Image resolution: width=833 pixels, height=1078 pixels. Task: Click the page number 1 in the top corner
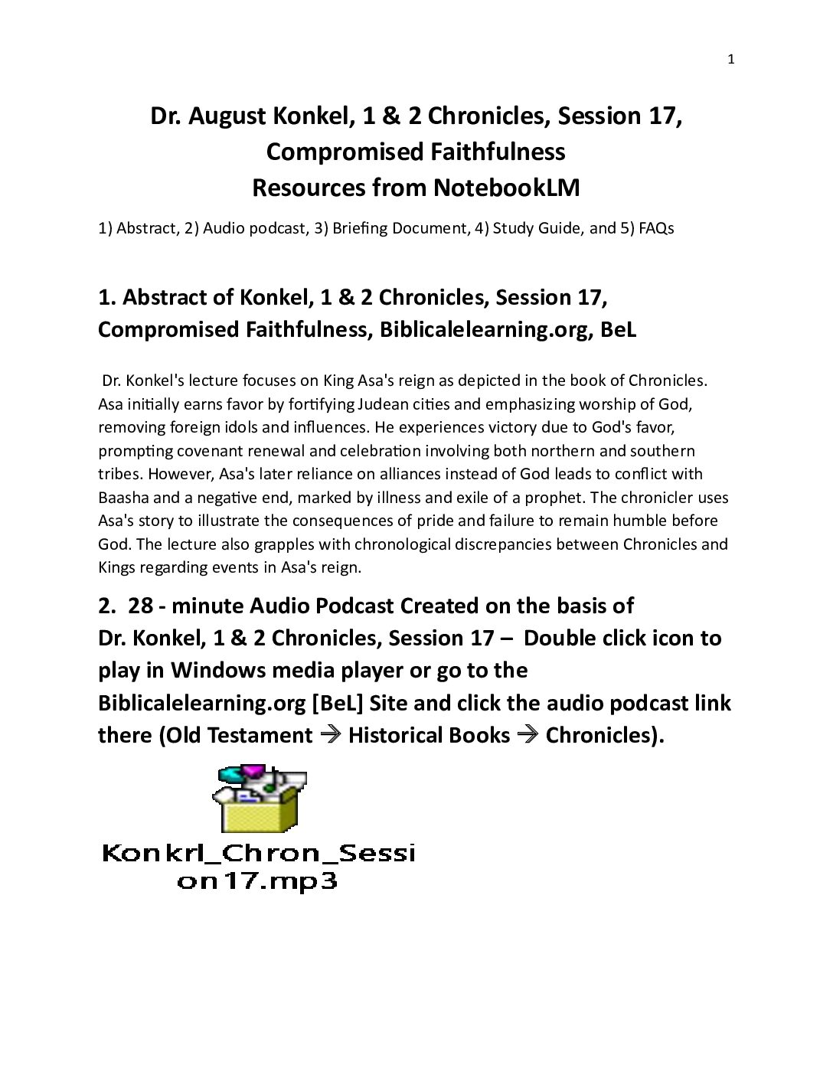pyautogui.click(x=730, y=60)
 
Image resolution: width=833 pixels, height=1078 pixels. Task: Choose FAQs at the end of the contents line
pyautogui.click(x=656, y=228)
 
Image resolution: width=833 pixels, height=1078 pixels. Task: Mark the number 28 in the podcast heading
pyautogui.click(x=140, y=606)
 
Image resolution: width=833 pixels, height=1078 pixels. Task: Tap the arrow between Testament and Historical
pyautogui.click(x=330, y=735)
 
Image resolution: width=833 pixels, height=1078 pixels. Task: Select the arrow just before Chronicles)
pyautogui.click(x=528, y=735)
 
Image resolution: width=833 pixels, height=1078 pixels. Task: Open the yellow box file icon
pyautogui.click(x=259, y=800)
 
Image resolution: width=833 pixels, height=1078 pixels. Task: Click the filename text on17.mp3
pyautogui.click(x=257, y=881)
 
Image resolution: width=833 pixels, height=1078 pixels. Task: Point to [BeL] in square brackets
pyautogui.click(x=337, y=703)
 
